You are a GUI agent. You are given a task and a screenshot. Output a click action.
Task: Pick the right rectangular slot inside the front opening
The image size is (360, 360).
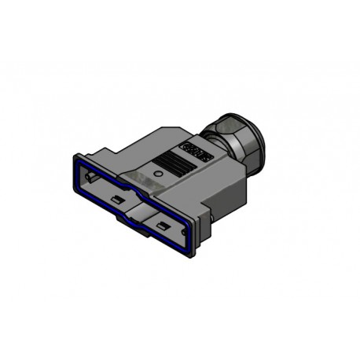163,226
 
